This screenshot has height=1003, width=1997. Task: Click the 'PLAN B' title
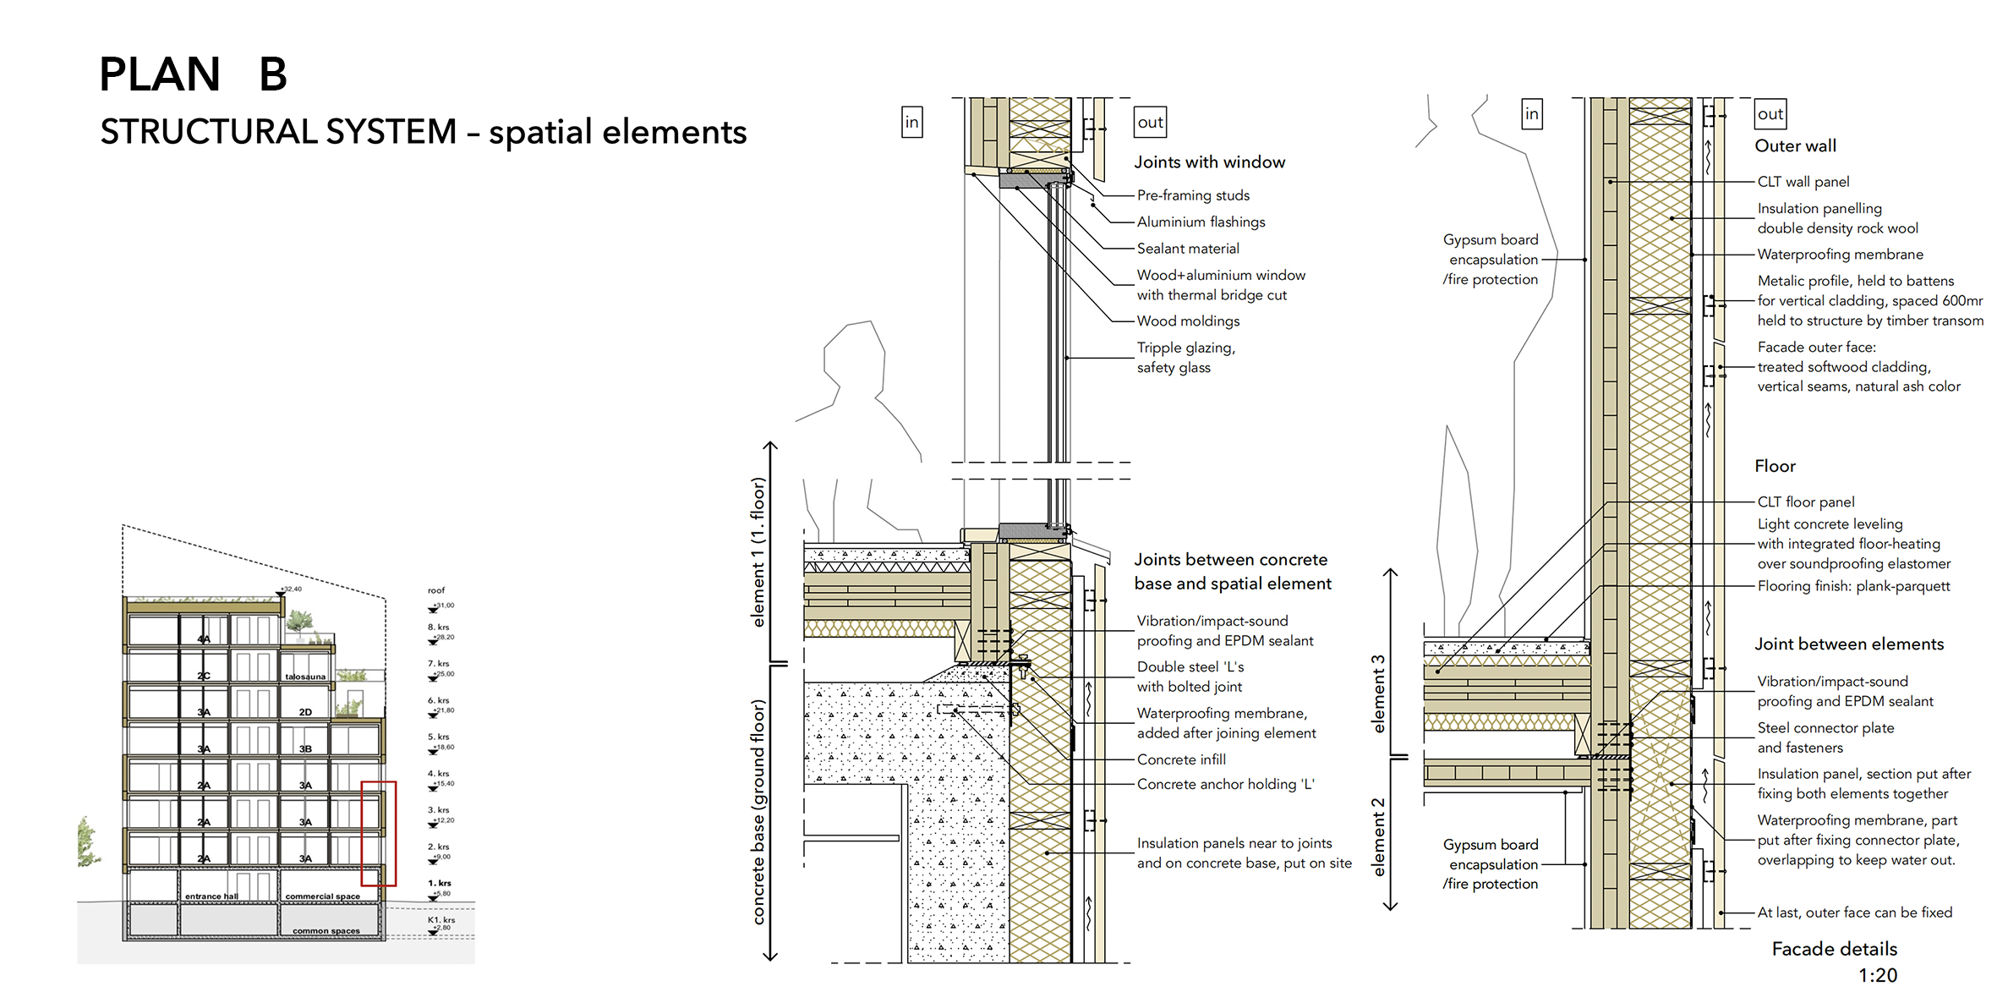193,74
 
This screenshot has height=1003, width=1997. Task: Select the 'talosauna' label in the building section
305,677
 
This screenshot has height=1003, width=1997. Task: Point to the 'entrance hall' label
211,896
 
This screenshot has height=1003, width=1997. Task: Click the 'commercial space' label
322,896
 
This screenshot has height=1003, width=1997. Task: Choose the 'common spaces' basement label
326,931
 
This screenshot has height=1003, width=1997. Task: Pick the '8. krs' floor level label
438,628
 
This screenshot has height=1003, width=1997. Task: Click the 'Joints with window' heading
1209,162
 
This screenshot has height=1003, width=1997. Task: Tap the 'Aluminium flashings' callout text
1201,222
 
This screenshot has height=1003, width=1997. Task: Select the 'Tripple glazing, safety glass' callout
1185,358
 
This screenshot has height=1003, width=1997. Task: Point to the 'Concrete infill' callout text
1181,759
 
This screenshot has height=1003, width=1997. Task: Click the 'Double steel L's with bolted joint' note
1190,677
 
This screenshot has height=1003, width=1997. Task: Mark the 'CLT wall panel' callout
1803,182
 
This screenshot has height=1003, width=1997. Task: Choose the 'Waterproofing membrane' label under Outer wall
1840,255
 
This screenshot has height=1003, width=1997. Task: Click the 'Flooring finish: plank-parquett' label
1853,586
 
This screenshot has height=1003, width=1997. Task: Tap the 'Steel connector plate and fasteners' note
1825,737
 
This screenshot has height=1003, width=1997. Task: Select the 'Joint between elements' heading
1849,644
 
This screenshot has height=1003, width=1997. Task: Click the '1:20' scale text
1877,976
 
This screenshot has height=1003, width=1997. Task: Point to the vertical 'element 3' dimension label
1379,693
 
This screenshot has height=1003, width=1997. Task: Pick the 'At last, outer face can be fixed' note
1854,913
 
